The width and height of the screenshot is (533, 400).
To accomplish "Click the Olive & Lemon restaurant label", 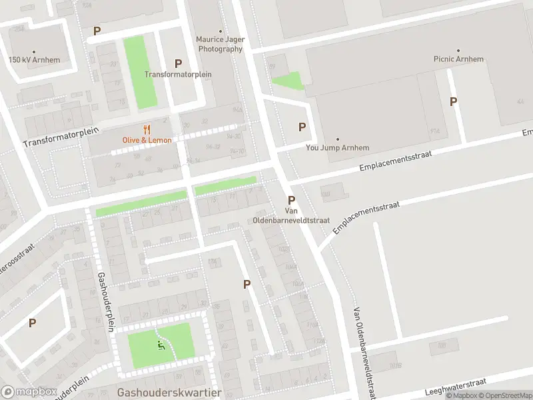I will click(x=147, y=140).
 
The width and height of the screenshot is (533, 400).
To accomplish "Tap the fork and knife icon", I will click(x=147, y=129).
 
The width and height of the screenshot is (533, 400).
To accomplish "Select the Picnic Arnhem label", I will click(x=457, y=59).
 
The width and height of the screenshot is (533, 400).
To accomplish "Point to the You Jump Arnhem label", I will click(x=337, y=148).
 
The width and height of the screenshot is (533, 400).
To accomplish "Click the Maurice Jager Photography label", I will click(x=220, y=44).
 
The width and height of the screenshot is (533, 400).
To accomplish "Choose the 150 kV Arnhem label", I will click(x=34, y=60).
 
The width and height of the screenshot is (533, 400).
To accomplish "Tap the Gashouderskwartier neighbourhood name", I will click(x=169, y=393).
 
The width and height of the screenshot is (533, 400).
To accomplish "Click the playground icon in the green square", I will click(x=160, y=345).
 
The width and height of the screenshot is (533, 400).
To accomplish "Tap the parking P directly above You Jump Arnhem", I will click(x=302, y=127).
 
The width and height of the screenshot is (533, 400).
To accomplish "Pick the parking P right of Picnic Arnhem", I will click(x=454, y=101).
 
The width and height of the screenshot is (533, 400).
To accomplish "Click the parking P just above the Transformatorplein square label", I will click(x=178, y=63).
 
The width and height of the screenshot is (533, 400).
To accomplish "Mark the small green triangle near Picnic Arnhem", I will click(x=288, y=82).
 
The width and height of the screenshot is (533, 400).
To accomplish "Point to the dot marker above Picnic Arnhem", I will click(x=458, y=50).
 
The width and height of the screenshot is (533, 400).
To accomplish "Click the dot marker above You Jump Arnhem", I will click(x=337, y=139).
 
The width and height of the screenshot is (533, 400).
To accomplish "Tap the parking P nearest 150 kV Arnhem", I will click(x=97, y=31).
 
